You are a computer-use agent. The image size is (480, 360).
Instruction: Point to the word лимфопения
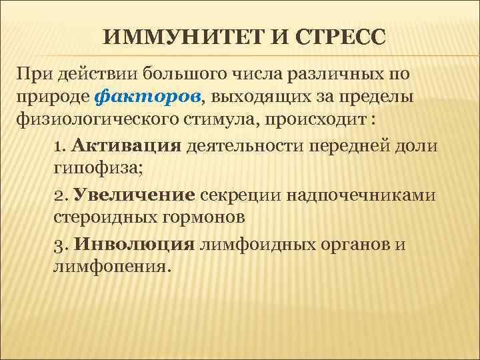click(109, 267)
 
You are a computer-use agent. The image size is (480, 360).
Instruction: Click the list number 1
click(59, 145)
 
